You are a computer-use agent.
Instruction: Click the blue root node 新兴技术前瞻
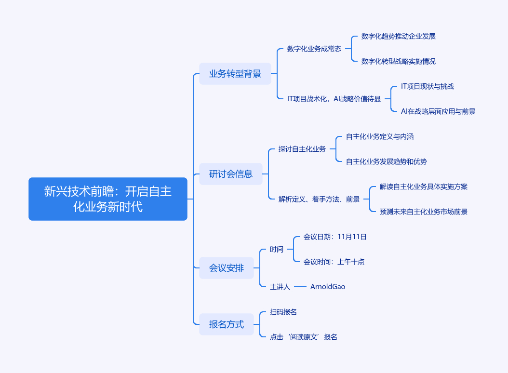(x=107, y=199)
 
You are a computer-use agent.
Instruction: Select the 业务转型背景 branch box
(x=235, y=74)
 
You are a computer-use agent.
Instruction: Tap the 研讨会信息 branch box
(x=231, y=174)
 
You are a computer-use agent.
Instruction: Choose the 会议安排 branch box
(x=227, y=268)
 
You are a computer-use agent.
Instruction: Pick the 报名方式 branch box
(x=227, y=324)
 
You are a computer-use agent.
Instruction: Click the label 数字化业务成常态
(x=314, y=49)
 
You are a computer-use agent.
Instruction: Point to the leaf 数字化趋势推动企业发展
(x=399, y=36)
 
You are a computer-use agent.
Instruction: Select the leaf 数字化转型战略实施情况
(x=399, y=61)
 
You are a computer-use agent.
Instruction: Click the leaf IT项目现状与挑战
(x=428, y=86)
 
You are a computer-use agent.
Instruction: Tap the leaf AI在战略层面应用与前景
(x=438, y=111)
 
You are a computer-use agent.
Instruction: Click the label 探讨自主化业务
(x=302, y=149)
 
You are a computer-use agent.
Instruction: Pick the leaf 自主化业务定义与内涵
(x=380, y=136)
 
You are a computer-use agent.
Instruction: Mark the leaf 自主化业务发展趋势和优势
(x=387, y=161)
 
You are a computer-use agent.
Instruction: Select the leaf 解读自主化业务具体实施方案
(x=424, y=186)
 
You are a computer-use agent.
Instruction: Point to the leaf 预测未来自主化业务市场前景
(x=424, y=212)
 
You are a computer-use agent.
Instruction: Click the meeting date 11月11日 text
(x=352, y=237)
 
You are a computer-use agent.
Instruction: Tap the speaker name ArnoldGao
(x=328, y=287)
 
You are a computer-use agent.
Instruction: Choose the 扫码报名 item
(x=283, y=312)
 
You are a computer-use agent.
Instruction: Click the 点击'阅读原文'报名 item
(x=304, y=337)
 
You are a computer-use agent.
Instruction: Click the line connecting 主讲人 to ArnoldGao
(x=300, y=287)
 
